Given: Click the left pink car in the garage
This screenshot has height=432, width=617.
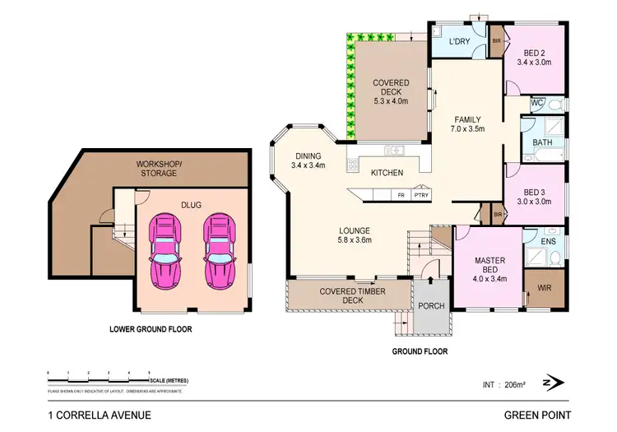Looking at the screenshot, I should (x=166, y=250).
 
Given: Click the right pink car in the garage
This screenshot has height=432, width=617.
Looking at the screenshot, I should (x=220, y=250).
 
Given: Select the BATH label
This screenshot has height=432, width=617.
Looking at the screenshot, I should (x=542, y=142).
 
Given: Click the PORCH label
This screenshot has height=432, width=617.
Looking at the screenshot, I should (x=431, y=306).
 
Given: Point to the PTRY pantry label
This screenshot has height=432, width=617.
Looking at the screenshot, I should (x=420, y=196).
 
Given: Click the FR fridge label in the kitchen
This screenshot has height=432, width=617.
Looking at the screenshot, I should (x=401, y=196).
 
